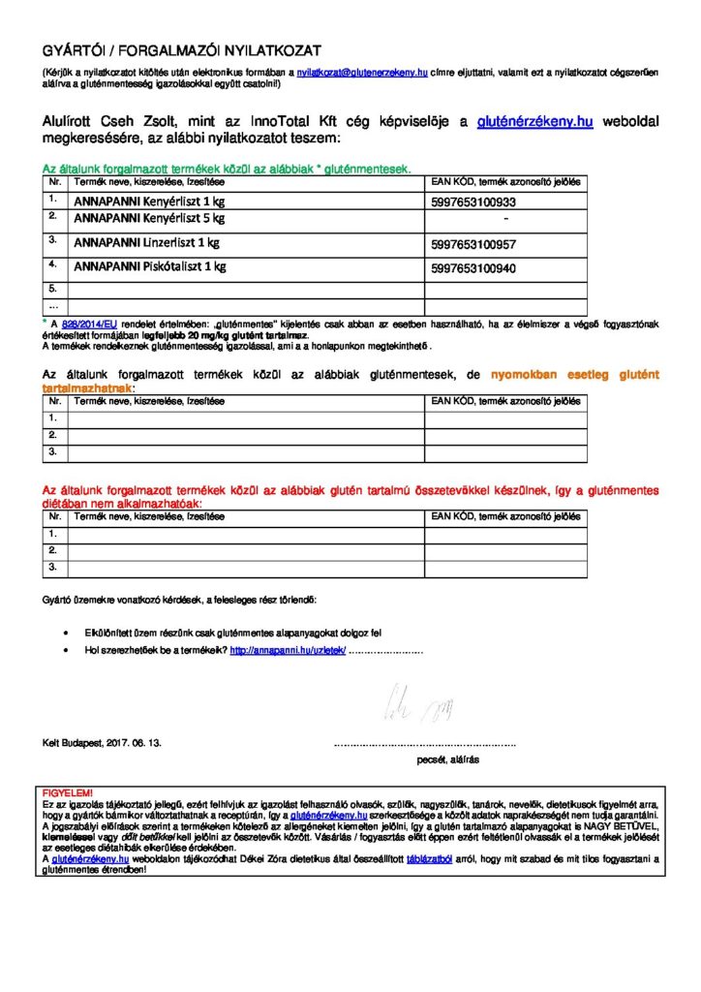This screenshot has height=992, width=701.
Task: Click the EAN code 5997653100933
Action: (x=473, y=202)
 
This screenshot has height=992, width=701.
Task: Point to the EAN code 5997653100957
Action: (x=473, y=244)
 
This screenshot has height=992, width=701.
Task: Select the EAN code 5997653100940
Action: (x=473, y=266)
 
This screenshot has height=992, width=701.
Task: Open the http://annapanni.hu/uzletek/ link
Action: (x=288, y=651)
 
